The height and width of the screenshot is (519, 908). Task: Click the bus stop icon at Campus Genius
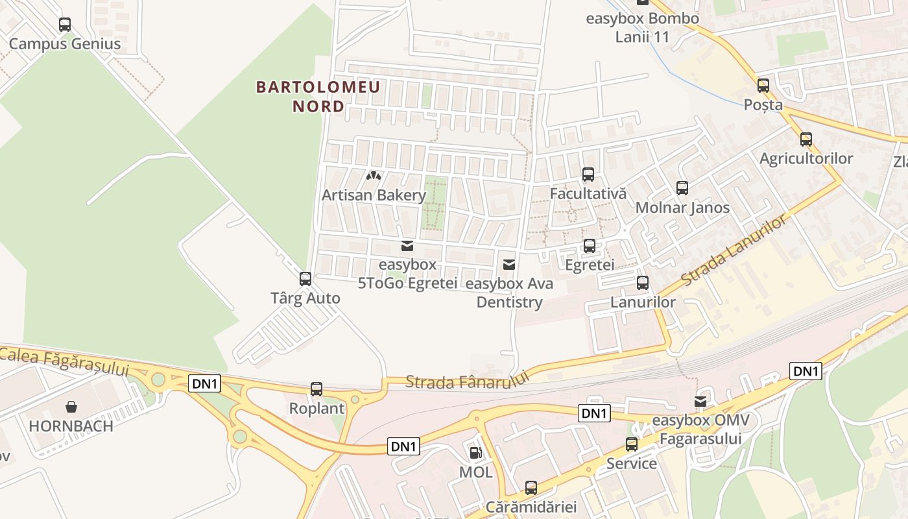coord(65,25)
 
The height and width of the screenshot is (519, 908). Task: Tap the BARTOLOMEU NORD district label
coord(318,96)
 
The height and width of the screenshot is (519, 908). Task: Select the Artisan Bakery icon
coord(374,175)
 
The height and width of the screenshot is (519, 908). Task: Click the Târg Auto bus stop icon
coord(305,279)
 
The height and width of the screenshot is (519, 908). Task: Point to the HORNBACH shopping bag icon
coord(71,407)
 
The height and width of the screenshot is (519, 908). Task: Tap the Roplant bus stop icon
coord(317,389)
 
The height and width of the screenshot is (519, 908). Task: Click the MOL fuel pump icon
coord(475,453)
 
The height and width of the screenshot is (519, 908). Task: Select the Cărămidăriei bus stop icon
coord(531,488)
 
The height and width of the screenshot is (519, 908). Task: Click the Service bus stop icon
coord(632,444)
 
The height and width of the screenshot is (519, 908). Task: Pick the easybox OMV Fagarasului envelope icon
coord(700,402)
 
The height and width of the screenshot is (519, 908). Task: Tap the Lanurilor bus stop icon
coord(643,283)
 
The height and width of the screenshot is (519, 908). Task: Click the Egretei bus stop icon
coord(590,246)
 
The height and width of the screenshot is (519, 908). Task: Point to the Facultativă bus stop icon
coord(588,175)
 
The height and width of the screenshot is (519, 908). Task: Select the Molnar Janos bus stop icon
coord(682,188)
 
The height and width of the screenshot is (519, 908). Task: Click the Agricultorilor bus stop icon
coord(806,139)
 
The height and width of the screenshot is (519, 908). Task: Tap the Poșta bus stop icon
coord(763,86)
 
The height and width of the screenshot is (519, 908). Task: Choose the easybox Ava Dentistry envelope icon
coord(509,264)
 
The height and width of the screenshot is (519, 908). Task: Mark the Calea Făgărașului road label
coord(65,361)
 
